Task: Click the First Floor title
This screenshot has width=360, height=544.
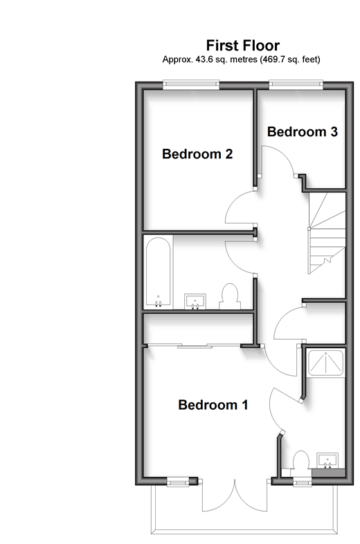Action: point(243,46)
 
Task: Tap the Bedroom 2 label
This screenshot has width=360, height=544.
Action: point(197,154)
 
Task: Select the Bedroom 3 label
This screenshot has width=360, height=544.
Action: point(303,132)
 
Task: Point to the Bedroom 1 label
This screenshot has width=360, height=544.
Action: point(213,404)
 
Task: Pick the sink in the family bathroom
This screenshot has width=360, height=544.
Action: point(195,301)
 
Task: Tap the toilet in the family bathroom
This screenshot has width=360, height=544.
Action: point(230,296)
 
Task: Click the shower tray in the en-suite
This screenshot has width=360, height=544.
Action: point(326,363)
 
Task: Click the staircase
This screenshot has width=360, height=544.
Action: point(327,233)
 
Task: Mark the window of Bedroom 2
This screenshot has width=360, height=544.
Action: point(191,84)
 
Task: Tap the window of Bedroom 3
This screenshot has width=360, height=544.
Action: point(296,84)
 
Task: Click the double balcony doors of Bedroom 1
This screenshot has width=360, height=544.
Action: point(235,496)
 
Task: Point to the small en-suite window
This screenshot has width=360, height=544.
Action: point(302,481)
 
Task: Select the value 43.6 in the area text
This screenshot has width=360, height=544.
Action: point(204,60)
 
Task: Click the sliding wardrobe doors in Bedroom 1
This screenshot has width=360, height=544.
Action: point(193,345)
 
